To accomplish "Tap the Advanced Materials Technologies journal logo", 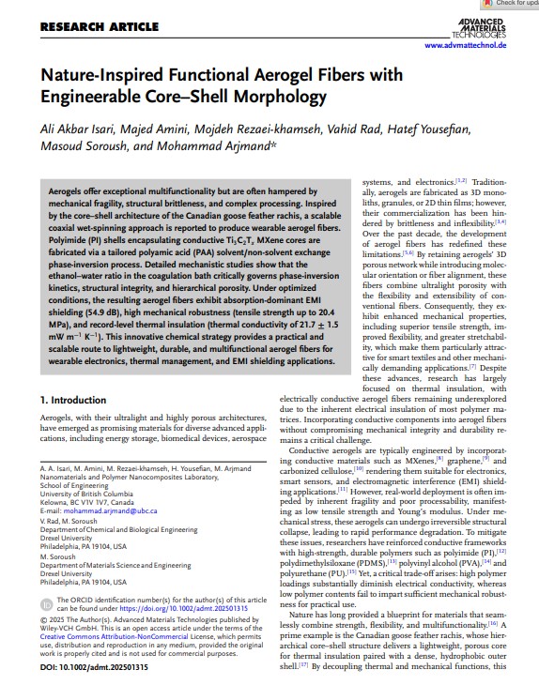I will [x=479, y=26].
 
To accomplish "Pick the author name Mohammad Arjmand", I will [x=223, y=147].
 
